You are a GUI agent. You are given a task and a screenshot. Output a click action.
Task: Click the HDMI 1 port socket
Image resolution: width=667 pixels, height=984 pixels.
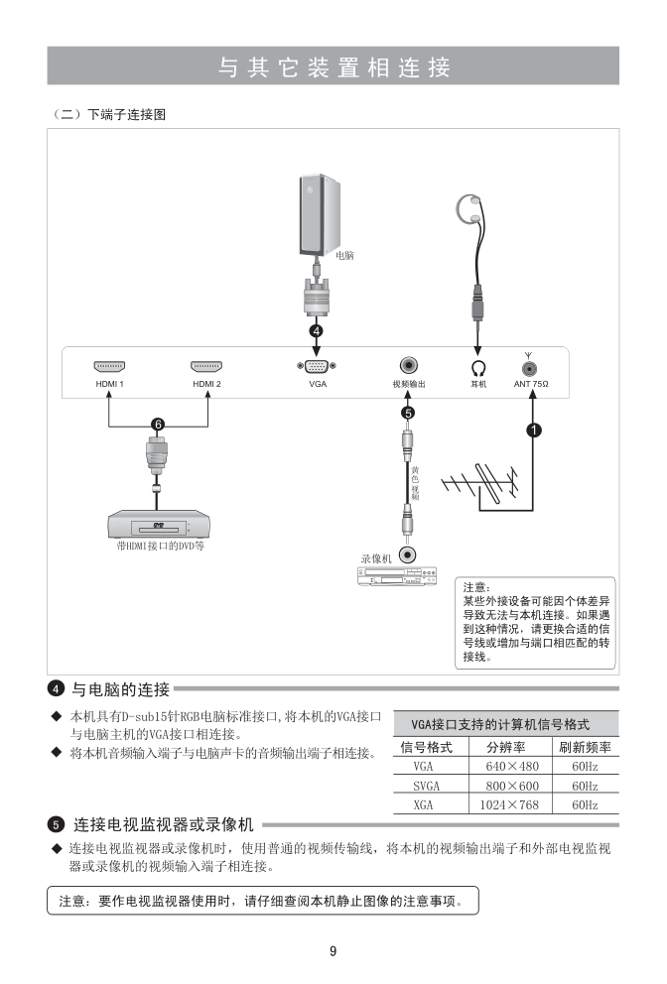tap(109, 366)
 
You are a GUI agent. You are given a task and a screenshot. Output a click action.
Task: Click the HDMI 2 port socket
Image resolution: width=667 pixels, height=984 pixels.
tap(206, 366)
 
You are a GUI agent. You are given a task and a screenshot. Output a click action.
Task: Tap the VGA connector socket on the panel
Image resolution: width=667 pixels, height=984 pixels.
tap(317, 366)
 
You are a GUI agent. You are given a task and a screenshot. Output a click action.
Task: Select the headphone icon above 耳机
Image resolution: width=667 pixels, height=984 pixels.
tap(477, 366)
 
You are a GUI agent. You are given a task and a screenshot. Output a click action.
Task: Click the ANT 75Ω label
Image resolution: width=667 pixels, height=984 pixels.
tap(531, 383)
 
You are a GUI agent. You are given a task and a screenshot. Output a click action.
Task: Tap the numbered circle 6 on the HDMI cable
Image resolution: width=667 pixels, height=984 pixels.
tap(157, 425)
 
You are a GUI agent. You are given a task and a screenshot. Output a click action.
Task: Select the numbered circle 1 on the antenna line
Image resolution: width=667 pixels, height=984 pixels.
tap(533, 430)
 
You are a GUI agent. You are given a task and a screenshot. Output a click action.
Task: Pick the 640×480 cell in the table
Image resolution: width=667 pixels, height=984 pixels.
tap(512, 767)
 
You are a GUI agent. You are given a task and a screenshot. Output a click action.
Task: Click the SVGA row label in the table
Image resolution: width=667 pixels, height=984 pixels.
tap(426, 786)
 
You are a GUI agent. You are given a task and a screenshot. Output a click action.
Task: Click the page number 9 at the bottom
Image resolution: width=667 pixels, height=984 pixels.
tap(333, 951)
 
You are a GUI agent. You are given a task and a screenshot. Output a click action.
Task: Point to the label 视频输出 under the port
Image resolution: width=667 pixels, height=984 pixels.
tap(408, 383)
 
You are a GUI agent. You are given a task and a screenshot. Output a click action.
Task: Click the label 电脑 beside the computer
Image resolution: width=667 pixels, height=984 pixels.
tap(344, 255)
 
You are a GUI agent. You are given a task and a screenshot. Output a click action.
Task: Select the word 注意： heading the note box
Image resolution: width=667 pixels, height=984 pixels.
tap(478, 587)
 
